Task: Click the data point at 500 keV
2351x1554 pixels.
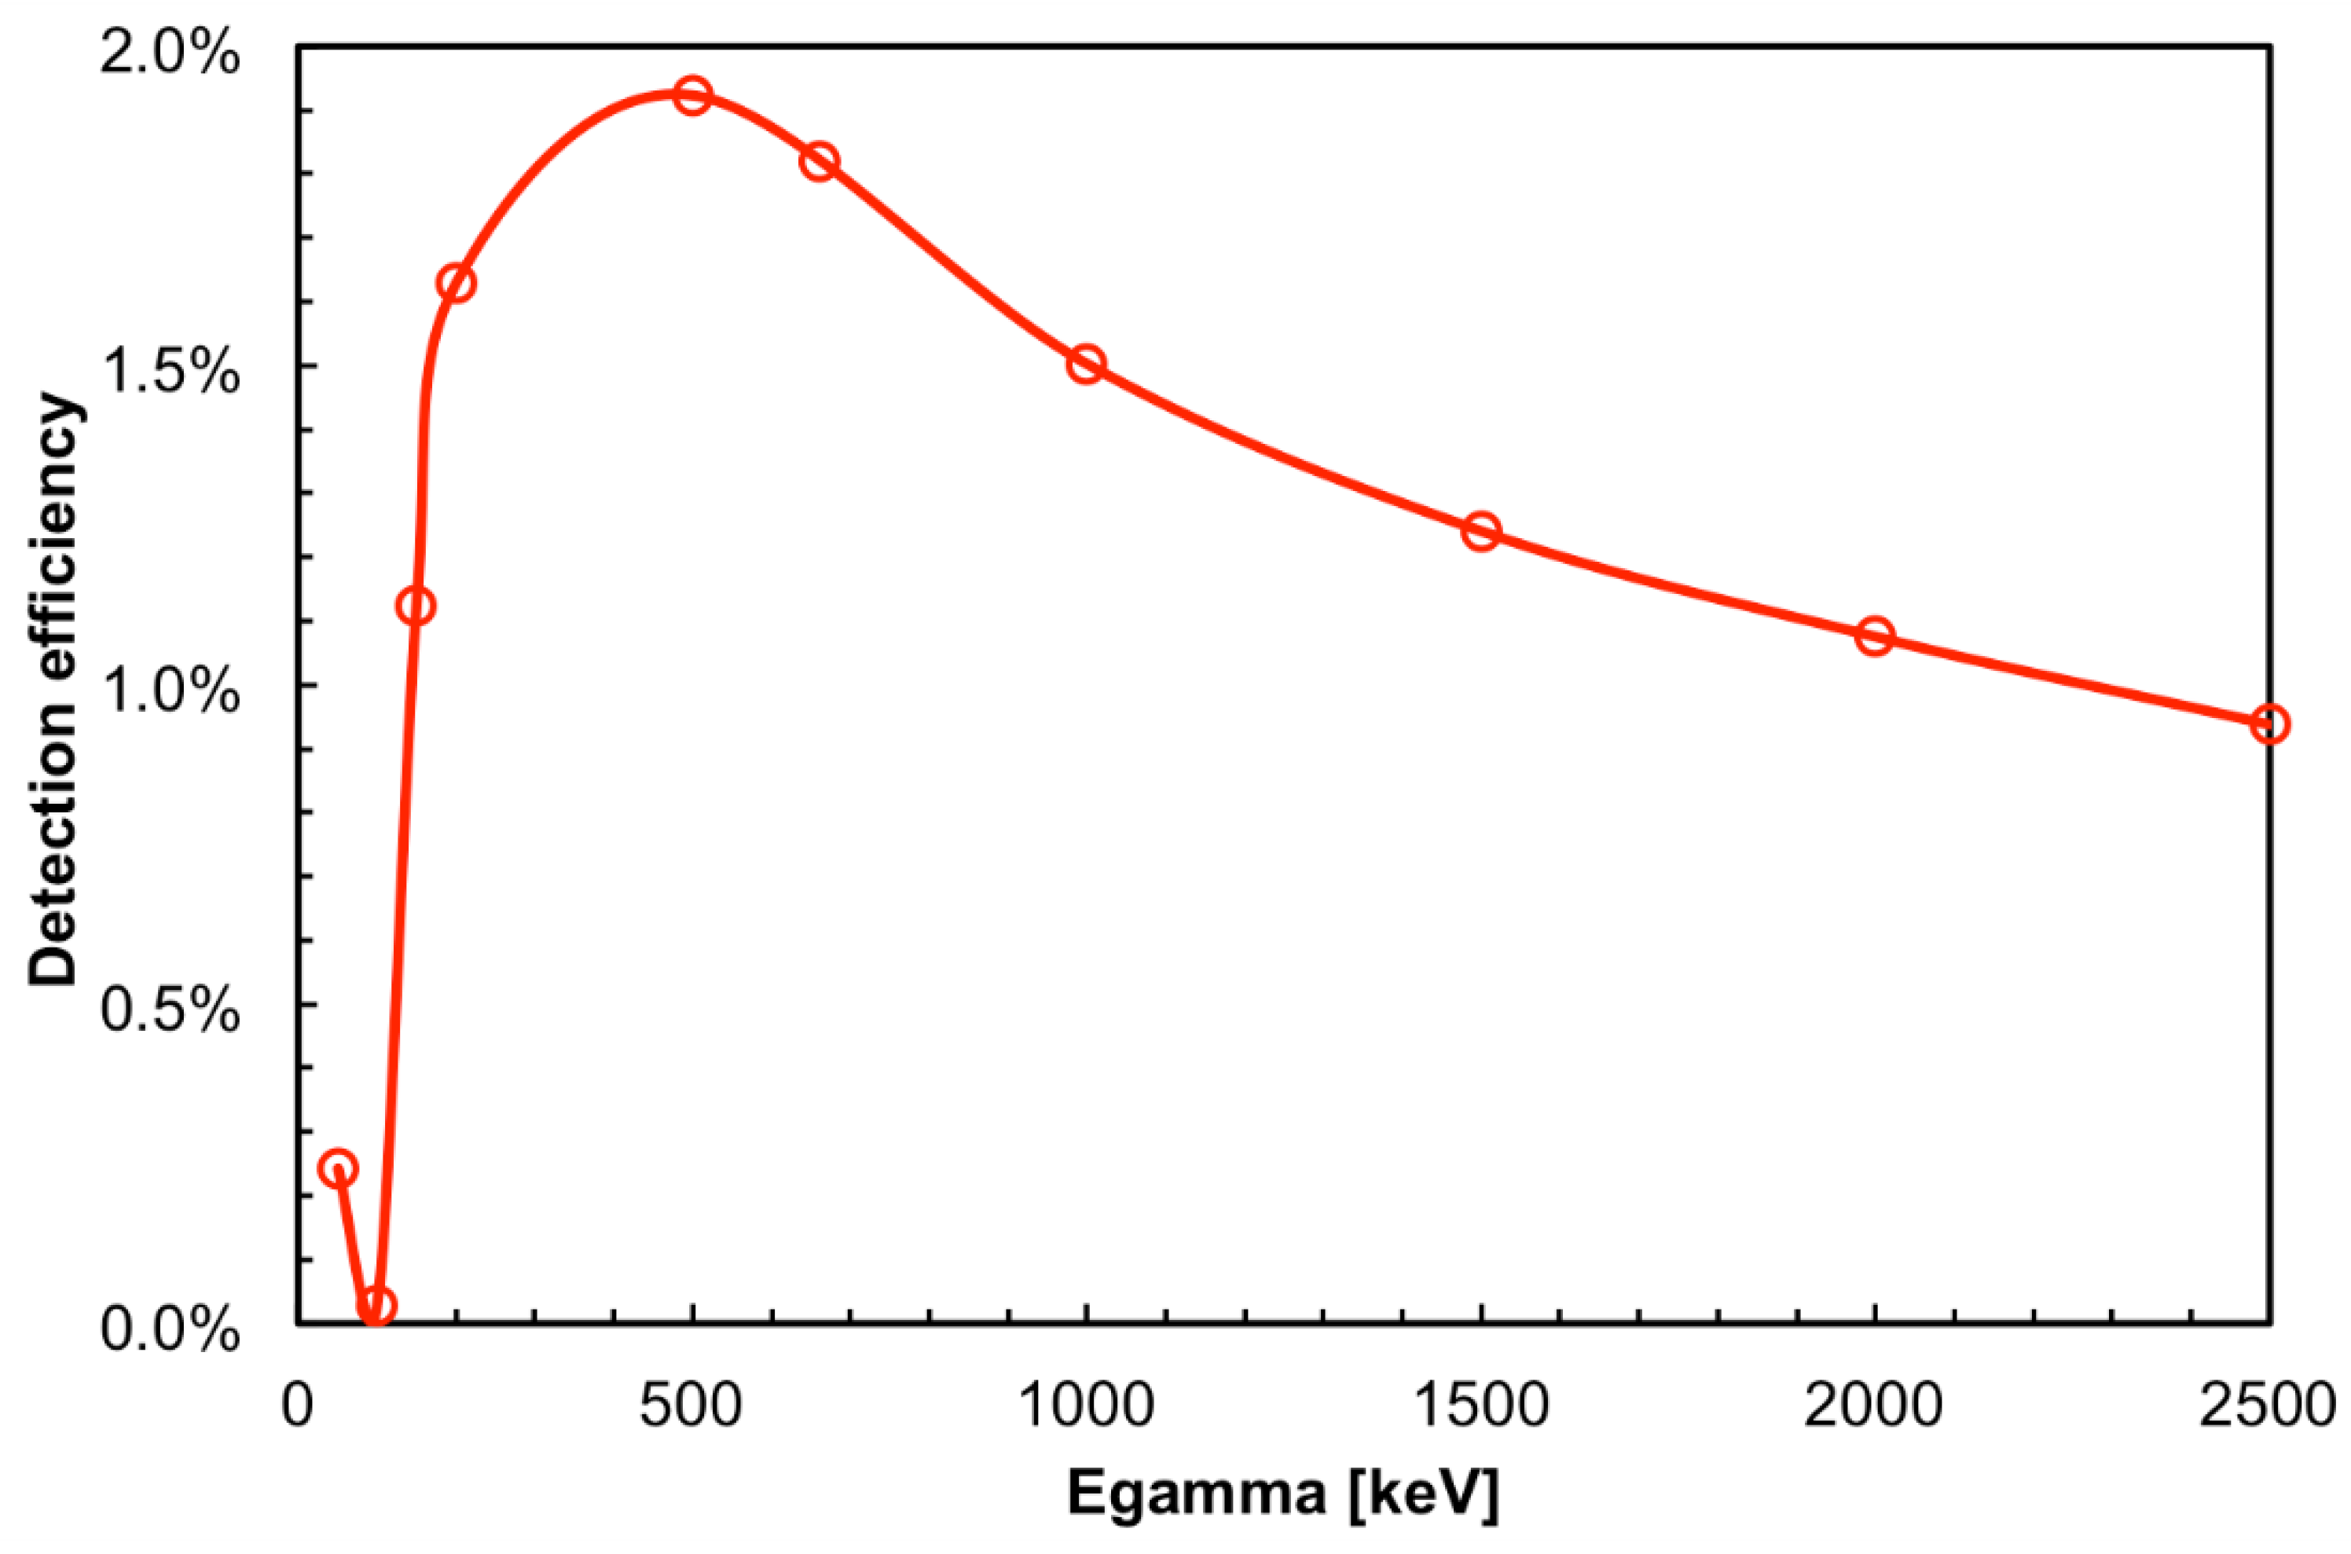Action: [x=693, y=95]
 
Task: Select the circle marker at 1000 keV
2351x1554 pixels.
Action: [x=1086, y=364]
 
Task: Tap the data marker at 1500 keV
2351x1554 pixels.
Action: [x=1481, y=531]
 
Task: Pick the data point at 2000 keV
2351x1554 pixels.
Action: [x=1874, y=636]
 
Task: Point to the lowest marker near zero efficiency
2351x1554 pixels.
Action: [x=376, y=1305]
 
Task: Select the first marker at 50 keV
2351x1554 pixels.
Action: [x=338, y=1168]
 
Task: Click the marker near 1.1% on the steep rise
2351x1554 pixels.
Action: [x=416, y=606]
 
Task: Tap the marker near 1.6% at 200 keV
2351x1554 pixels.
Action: [x=456, y=284]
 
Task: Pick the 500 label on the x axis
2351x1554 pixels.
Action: [x=691, y=1406]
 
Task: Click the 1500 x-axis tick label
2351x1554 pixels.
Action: [x=1480, y=1406]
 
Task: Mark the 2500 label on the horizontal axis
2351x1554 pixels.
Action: [x=2268, y=1406]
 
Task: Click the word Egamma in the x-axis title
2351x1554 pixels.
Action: [x=1196, y=1494]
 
